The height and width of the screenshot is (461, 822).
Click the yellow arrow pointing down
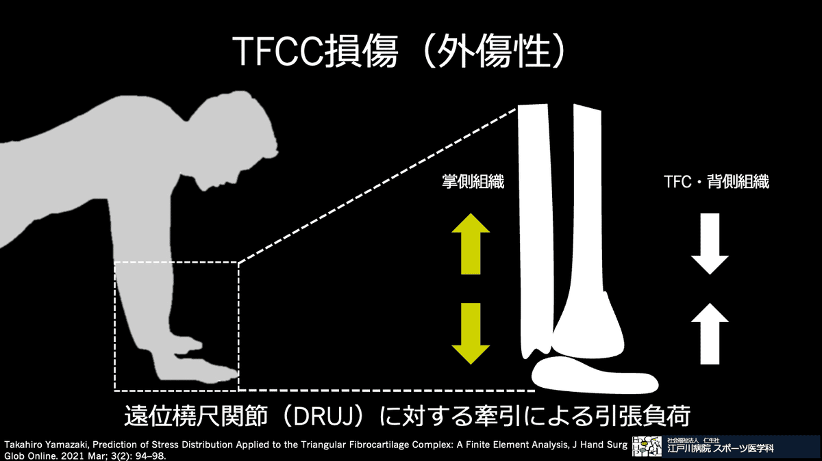coord(470,334)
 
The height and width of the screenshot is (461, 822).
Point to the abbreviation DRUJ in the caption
coord(310,415)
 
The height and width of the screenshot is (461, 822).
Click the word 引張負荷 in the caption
coord(651,415)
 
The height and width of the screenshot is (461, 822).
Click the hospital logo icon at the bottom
coord(646,447)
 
